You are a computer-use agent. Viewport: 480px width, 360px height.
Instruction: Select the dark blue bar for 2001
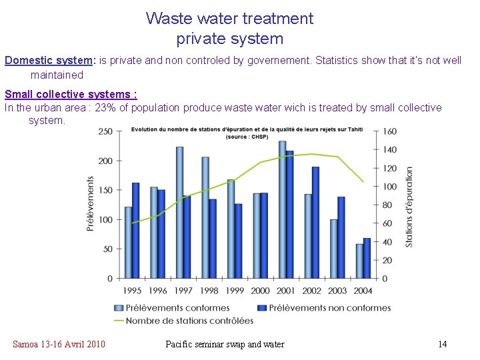[x=289, y=214]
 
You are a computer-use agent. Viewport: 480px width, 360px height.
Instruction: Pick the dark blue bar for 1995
[x=136, y=230]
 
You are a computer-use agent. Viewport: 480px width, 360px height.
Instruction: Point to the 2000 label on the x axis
[x=261, y=291]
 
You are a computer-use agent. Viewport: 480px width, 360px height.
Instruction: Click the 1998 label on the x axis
[x=209, y=291]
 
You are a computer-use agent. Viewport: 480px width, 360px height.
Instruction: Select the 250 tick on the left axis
[x=105, y=131]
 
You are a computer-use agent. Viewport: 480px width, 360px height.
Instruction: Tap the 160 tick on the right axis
[x=389, y=131]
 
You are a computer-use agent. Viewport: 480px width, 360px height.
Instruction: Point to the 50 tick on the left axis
[x=107, y=249]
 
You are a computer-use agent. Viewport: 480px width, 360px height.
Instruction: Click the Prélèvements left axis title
[x=90, y=204]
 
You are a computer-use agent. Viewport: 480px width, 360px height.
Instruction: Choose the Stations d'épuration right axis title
[x=409, y=207]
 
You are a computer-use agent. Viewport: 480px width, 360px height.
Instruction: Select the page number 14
[x=442, y=344]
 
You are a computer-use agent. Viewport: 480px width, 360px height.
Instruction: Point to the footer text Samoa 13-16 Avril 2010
[x=59, y=344]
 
